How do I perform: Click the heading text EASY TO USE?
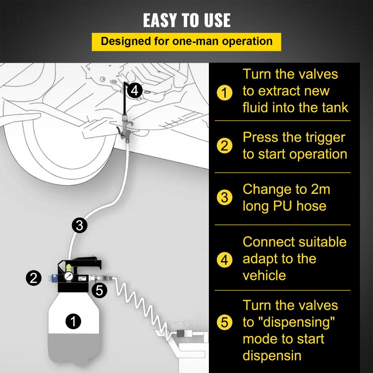pyautogui.click(x=186, y=21)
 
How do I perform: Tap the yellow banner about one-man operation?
pyautogui.click(x=186, y=41)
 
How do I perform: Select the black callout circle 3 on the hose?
pyautogui.click(x=79, y=225)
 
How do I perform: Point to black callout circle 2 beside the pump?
pyautogui.click(x=34, y=278)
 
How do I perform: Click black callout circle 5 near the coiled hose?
pyautogui.click(x=99, y=290)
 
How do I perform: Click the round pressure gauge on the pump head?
pyautogui.click(x=69, y=277)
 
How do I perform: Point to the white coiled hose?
pyautogui.click(x=145, y=302)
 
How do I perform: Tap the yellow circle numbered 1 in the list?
pyautogui.click(x=224, y=92)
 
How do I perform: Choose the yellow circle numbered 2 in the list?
pyautogui.click(x=224, y=146)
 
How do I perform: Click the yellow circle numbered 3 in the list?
pyautogui.click(x=224, y=197)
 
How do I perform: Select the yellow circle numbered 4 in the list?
pyautogui.click(x=224, y=259)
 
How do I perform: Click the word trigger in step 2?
pyautogui.click(x=323, y=138)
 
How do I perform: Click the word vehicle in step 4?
pyautogui.click(x=264, y=276)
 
